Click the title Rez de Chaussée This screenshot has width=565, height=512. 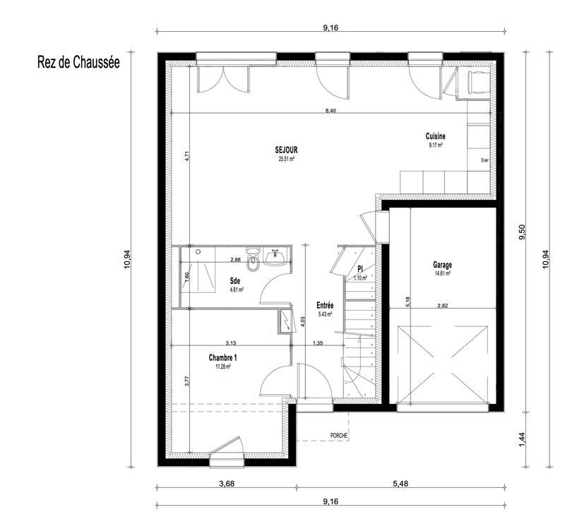coord(78,61)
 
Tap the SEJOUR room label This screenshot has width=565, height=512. coord(286,150)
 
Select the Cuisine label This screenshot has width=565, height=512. coord(435,136)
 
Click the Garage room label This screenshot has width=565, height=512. coord(443,265)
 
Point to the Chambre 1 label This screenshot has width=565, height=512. coord(223,358)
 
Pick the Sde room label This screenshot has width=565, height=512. coord(235,280)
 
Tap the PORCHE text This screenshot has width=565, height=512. coord(339,436)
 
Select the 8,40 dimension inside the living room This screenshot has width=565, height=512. coord(331,111)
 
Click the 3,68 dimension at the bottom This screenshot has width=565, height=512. coord(225,484)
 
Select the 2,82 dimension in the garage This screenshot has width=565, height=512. coord(443,305)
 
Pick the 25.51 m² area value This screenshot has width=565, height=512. coord(286,159)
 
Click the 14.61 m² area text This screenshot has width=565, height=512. coord(443,273)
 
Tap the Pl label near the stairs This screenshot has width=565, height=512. coord(360,270)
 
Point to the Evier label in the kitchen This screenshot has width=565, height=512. coord(484,160)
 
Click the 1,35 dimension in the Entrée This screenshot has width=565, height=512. coord(319,343)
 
